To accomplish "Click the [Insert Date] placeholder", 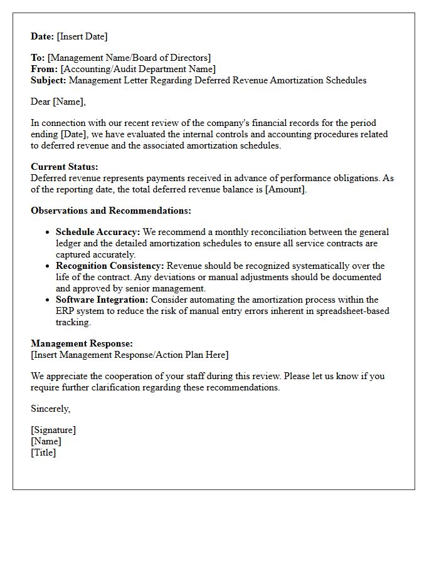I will tap(82, 36).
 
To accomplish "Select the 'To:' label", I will tap(38, 58).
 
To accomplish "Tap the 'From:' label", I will tap(45, 69).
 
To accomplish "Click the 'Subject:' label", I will tap(49, 80).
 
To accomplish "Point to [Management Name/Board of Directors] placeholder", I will tap(129, 58).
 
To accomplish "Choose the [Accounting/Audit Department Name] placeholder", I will tap(138, 69).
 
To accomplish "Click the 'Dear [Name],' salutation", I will tap(58, 102).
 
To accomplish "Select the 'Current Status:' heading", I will tap(65, 167).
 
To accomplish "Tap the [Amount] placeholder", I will tap(287, 189).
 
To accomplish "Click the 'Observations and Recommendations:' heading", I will tap(111, 211).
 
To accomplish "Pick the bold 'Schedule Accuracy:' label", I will tap(98, 232).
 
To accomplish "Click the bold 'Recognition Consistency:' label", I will tap(110, 266).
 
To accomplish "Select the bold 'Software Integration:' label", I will tap(102, 300).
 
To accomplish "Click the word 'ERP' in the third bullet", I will tap(66, 311).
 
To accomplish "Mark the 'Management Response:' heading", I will tap(82, 343).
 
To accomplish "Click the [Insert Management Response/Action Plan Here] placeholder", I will tap(129, 355).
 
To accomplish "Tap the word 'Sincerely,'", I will tap(51, 409).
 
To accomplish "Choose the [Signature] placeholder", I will tap(53, 430).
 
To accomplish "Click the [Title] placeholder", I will tap(43, 452).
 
